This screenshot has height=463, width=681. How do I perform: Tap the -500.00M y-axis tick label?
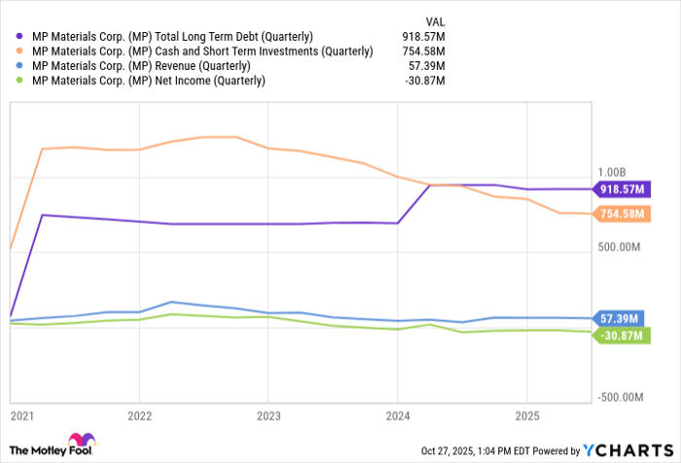click(619, 398)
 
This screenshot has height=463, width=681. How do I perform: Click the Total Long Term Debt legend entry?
click(171, 36)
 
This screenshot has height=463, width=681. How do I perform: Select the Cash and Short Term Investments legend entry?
click(200, 51)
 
